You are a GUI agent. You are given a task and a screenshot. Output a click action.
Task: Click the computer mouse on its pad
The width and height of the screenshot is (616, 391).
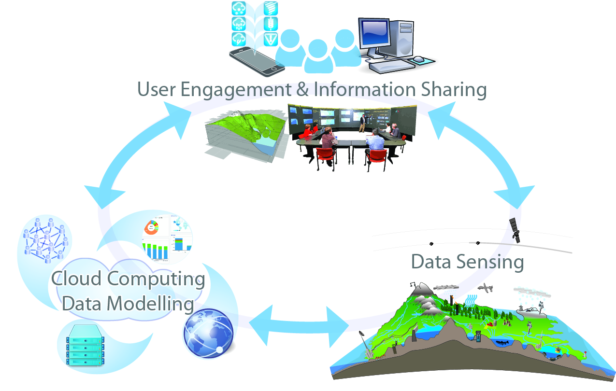(x=418, y=59)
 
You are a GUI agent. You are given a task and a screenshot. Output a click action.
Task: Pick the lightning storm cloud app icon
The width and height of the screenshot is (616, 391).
(x=239, y=39)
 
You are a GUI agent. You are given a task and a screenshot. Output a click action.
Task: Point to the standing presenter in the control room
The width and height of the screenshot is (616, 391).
(x=362, y=123)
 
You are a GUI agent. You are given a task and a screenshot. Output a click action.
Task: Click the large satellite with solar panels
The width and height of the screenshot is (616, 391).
(x=515, y=231)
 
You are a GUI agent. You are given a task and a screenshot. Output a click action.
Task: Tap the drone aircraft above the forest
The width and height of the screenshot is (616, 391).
(x=486, y=288)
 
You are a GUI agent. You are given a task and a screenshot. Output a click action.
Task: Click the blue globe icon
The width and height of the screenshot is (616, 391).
(x=208, y=334)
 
